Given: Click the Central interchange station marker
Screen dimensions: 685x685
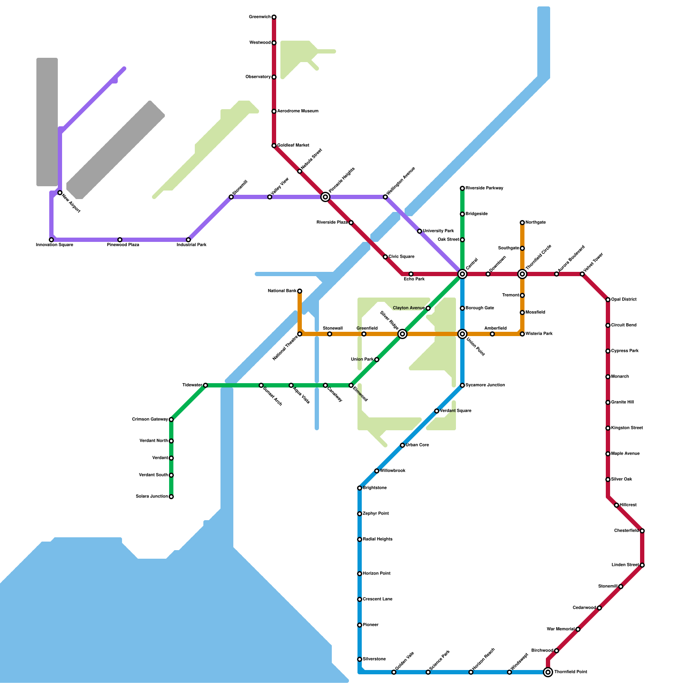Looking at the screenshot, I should click(x=462, y=274).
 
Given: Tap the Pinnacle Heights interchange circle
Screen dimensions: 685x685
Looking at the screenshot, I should click(x=325, y=197).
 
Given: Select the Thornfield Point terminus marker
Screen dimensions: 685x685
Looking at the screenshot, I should click(x=548, y=672).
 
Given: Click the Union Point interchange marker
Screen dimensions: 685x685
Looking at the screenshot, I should click(x=462, y=334).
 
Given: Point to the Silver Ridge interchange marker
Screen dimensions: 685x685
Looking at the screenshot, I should click(x=402, y=334).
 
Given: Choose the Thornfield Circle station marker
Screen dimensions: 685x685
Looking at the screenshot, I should click(x=522, y=274).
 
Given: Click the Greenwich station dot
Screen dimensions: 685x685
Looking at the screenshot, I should click(x=274, y=17).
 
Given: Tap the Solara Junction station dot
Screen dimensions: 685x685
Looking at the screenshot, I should click(x=171, y=497).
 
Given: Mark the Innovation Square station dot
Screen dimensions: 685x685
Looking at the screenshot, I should click(x=51, y=240).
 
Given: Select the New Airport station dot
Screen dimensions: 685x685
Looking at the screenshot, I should click(x=60, y=193).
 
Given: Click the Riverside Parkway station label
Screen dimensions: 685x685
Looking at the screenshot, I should click(x=484, y=188).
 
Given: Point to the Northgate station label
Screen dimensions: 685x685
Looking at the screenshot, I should click(x=536, y=223).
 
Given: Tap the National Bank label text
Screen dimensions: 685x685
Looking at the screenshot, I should click(x=282, y=291).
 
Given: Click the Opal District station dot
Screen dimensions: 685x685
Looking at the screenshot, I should click(x=608, y=300).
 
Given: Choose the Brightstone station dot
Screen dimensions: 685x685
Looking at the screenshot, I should click(x=360, y=488).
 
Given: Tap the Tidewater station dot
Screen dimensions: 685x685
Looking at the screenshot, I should click(x=205, y=385).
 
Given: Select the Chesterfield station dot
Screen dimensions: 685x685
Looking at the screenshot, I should click(x=642, y=531).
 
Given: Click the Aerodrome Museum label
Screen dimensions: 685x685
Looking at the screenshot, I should click(x=298, y=111).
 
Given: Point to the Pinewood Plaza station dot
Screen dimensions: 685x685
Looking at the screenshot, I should click(x=120, y=240).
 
